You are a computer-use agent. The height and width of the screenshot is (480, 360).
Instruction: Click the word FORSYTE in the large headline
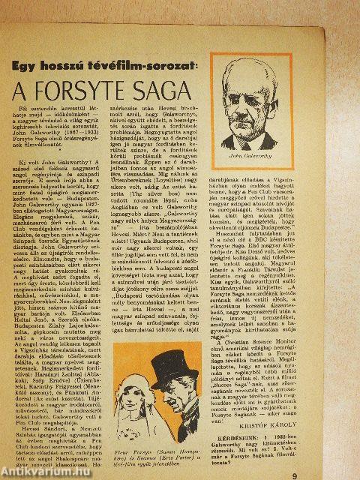92,94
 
